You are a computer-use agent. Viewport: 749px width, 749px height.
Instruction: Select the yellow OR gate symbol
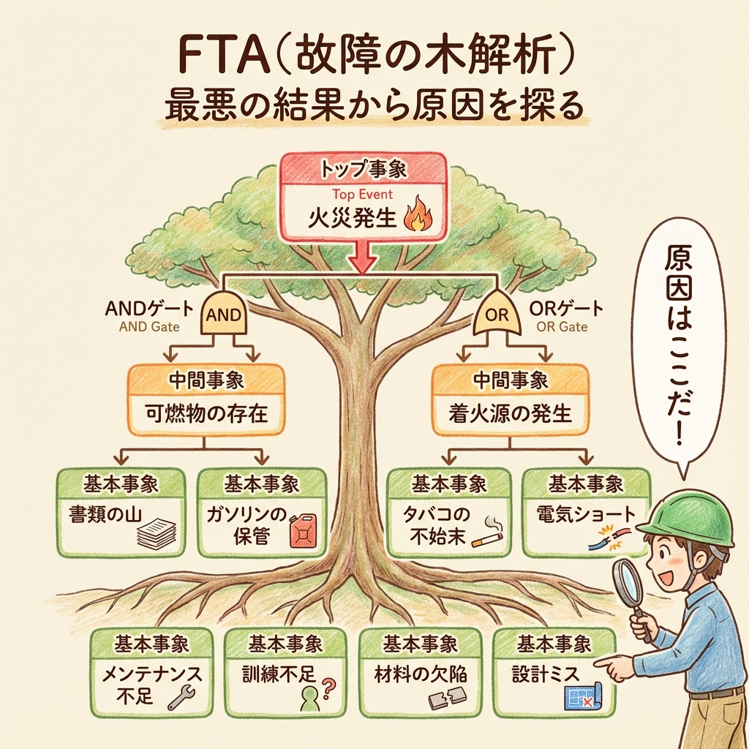pyautogui.click(x=497, y=315)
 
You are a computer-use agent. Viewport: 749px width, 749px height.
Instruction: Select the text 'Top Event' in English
pyautogui.click(x=362, y=195)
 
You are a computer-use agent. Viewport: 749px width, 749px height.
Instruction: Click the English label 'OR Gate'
pyautogui.click(x=562, y=327)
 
